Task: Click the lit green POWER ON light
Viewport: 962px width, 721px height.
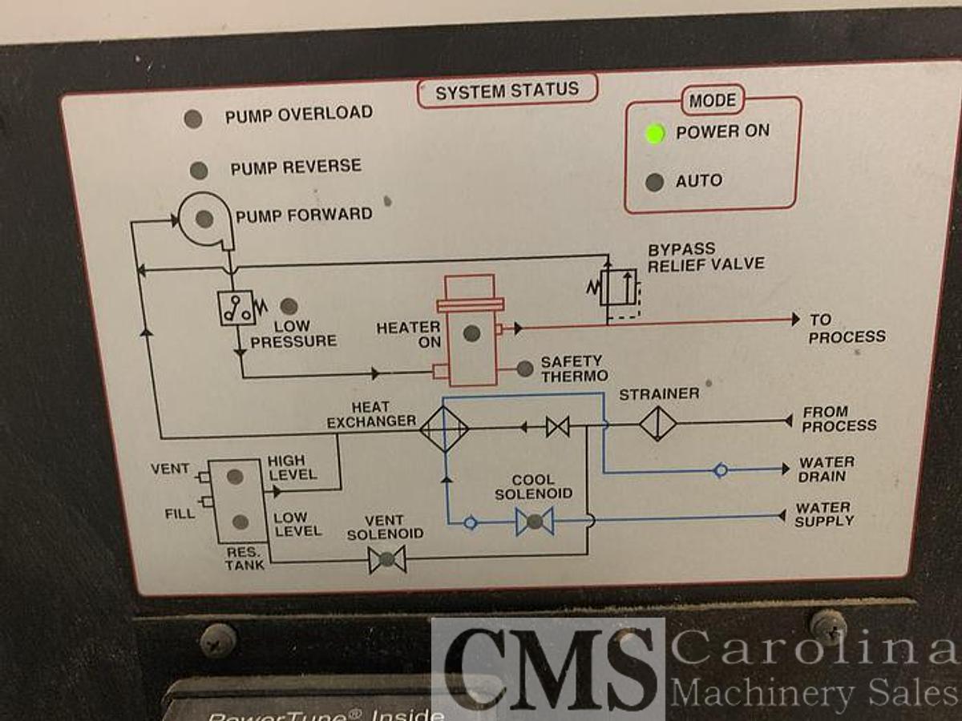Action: [656, 133]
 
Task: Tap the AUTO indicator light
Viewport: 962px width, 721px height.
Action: [655, 182]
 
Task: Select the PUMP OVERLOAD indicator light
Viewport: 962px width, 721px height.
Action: [192, 119]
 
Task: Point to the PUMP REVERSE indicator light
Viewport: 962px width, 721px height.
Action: [199, 171]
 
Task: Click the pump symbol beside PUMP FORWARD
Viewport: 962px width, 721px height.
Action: [204, 218]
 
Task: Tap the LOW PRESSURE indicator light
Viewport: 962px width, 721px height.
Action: [289, 306]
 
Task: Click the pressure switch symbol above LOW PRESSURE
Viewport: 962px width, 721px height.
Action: [237, 308]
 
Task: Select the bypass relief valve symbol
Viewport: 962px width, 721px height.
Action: [618, 287]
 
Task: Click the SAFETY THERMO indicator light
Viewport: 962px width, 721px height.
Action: [525, 369]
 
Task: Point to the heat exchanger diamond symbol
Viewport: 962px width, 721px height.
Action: [444, 429]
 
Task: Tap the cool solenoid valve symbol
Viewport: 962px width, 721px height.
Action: [535, 522]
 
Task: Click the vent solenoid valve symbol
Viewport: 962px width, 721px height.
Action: [387, 559]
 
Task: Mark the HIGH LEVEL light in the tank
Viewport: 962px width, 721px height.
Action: [235, 477]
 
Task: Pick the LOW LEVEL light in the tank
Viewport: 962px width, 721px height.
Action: [240, 522]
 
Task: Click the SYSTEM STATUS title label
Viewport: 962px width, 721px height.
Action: [507, 91]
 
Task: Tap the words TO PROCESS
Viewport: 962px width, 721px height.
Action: [846, 328]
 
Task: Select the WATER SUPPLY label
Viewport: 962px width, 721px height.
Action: [824, 514]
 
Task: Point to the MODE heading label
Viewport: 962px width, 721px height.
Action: [712, 101]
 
